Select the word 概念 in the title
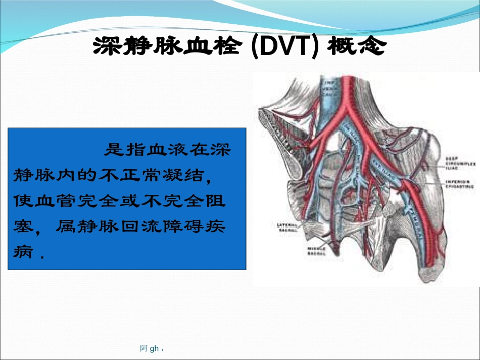coord(358,47)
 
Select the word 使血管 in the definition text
coord(34,201)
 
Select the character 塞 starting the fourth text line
coord(20,227)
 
